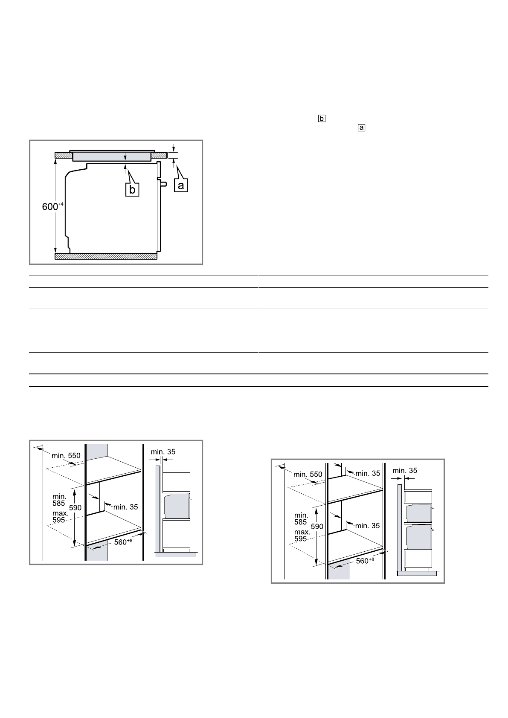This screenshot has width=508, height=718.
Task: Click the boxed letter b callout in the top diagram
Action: pos(132,190)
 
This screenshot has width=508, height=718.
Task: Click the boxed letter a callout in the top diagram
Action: pos(181,185)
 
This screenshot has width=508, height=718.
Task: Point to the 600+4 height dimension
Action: pos(53,206)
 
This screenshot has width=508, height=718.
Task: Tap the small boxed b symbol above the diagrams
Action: pos(322,119)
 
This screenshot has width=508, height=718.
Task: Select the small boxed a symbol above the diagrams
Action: pos(361,127)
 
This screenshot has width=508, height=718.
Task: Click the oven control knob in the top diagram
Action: pos(163,184)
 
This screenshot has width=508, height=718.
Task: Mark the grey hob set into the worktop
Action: pos(112,156)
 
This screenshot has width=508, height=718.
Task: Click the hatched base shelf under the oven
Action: pos(106,256)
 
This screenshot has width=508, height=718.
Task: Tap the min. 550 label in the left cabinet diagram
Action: pos(66,455)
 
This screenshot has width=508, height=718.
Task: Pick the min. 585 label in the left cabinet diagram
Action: pos(59,500)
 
